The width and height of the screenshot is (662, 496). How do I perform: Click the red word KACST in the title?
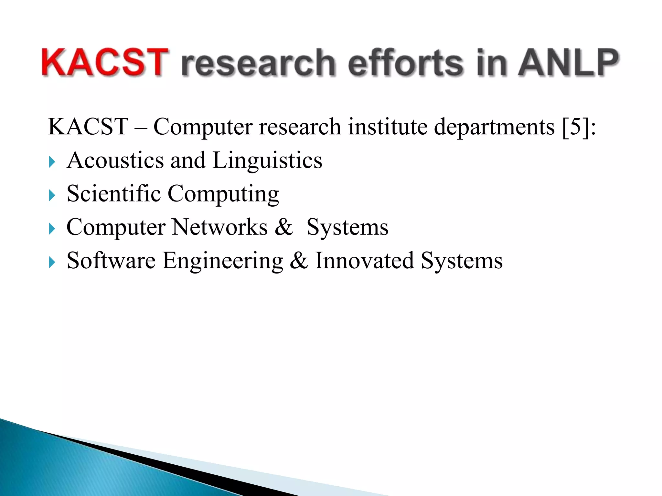click(104, 62)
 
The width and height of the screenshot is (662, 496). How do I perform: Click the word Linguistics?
click(267, 161)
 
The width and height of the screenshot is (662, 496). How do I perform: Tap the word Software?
click(111, 260)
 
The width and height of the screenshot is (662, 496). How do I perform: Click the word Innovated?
click(364, 260)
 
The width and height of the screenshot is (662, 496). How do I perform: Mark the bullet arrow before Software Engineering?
click(52, 262)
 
